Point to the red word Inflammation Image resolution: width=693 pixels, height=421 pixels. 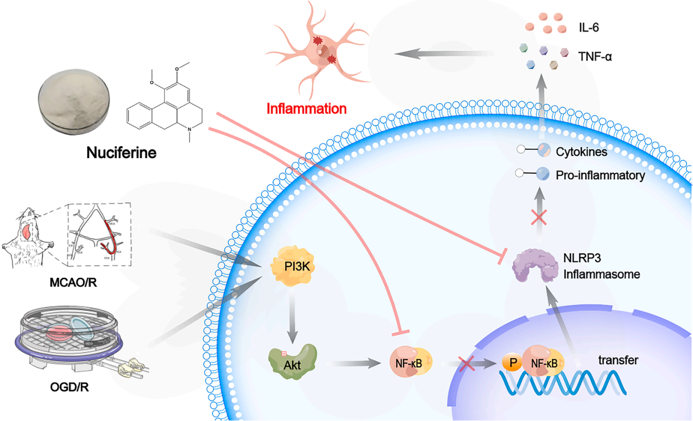306,108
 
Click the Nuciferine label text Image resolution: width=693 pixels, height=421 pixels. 121,153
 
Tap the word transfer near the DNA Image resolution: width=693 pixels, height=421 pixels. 618,360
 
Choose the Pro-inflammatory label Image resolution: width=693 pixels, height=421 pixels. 600,176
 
